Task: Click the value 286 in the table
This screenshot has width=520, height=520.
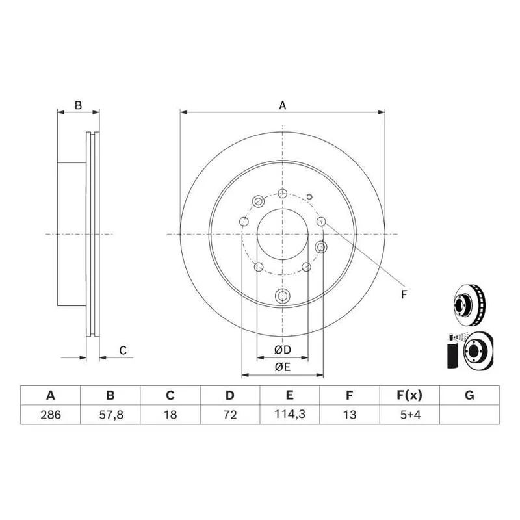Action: (51, 415)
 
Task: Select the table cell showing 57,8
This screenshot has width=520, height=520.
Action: (110, 415)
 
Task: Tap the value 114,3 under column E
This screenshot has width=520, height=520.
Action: (289, 414)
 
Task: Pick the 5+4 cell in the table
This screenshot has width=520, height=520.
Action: (410, 415)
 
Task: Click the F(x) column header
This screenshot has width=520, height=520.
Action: (410, 395)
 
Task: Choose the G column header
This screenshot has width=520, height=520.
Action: (469, 395)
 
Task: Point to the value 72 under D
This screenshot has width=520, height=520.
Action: (230, 415)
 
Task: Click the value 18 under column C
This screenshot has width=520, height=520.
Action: (170, 415)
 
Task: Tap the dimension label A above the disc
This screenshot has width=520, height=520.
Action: (282, 105)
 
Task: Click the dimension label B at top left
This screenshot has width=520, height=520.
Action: (78, 105)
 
